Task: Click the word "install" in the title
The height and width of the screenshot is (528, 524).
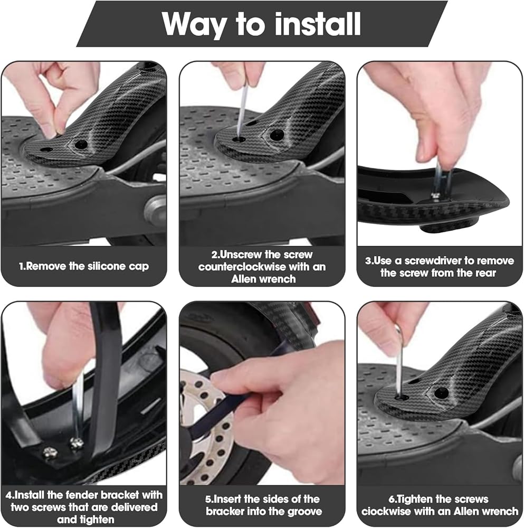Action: (x=318, y=24)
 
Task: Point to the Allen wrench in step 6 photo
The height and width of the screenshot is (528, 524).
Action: (x=399, y=360)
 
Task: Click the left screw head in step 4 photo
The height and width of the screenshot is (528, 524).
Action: (x=50, y=451)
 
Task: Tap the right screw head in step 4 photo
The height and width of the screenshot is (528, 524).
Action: (x=75, y=444)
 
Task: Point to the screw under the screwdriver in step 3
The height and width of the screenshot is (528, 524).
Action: (x=437, y=195)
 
